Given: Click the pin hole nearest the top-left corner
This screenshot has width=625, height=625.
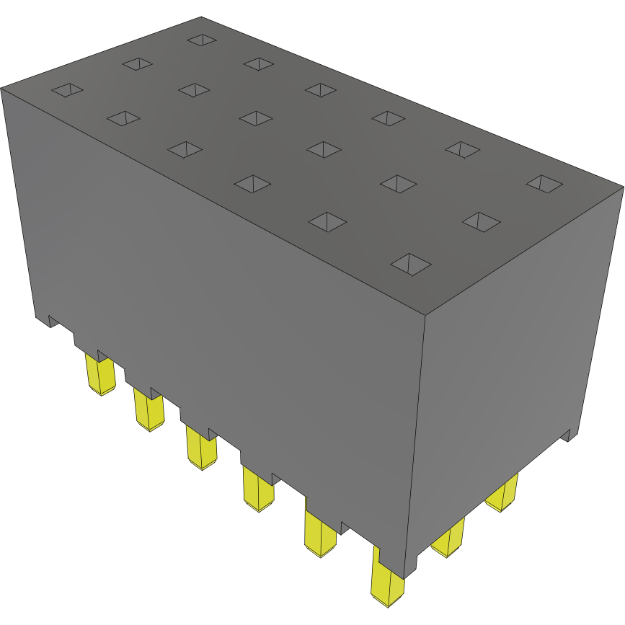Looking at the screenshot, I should coord(67,90).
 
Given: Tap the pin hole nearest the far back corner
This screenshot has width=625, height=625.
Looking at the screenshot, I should coord(202,39).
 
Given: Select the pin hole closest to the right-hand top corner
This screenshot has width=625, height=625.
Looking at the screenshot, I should coord(544,183).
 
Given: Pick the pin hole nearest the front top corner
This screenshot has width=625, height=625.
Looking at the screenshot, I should coord(410,264).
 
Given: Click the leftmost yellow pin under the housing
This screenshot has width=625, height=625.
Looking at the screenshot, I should coord(100,374).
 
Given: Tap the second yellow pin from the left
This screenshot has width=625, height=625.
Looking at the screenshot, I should coord(149,409).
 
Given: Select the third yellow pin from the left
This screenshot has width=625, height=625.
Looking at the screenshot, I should coord(201,447).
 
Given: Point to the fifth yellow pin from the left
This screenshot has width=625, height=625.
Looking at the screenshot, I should coord(320,533).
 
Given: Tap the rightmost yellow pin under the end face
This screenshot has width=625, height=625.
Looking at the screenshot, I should coord(502,494).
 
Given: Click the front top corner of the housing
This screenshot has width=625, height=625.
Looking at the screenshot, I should coord(425,315).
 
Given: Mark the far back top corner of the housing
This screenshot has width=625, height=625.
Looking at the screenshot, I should coord(201,17).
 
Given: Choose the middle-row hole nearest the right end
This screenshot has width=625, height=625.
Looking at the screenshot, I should coord(481,221).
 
